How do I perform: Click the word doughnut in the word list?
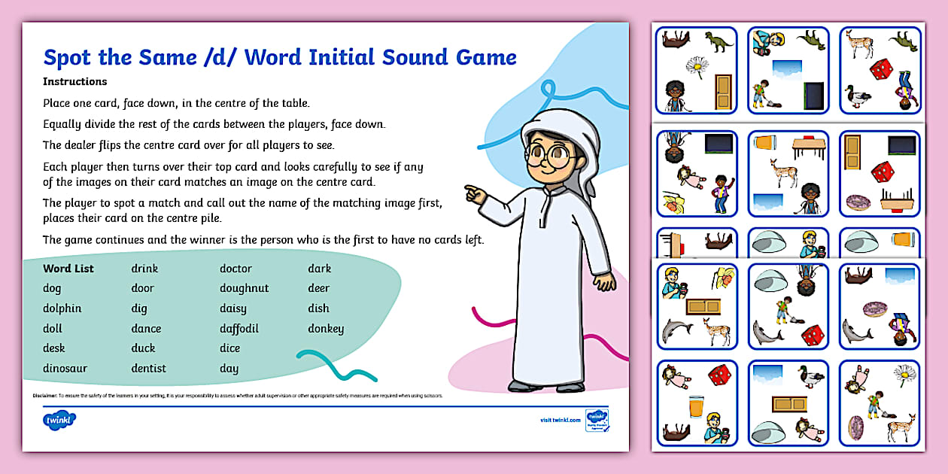[x=244, y=288]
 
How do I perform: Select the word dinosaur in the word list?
[x=65, y=369]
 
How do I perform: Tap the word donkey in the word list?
[x=326, y=329]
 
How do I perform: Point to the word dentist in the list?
[x=148, y=369]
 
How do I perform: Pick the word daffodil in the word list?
[x=239, y=329]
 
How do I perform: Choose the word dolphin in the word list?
[x=62, y=308]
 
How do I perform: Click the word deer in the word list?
[x=319, y=288]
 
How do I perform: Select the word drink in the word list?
[x=144, y=269]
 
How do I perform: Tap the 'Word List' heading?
[x=68, y=269]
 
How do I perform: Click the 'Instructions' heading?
[x=74, y=81]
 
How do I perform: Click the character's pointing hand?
[x=475, y=194]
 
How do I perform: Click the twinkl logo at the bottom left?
[x=59, y=419]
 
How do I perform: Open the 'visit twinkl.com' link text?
[x=560, y=420]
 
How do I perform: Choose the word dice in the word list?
[x=229, y=348]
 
